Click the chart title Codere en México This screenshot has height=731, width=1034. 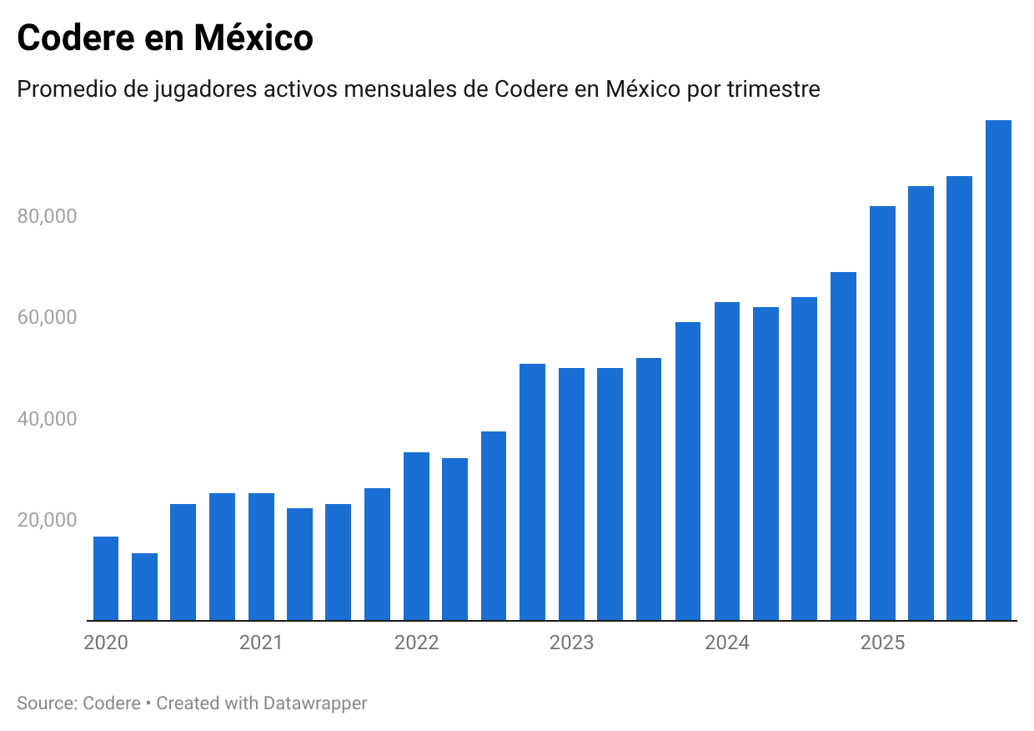(x=165, y=38)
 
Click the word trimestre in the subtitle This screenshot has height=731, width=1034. (x=774, y=88)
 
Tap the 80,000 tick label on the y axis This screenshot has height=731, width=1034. (x=47, y=216)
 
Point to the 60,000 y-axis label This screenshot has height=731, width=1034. (x=47, y=317)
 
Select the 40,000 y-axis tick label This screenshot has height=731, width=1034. (x=47, y=419)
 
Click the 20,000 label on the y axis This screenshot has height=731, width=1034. (x=47, y=520)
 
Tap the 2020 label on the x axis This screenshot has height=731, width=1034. (x=106, y=643)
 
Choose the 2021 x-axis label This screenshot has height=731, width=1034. (x=261, y=643)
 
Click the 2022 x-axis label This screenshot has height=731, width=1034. (x=416, y=643)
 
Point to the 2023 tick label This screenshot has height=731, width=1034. (x=571, y=643)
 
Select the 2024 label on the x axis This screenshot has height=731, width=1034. (x=727, y=643)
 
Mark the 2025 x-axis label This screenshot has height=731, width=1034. (x=882, y=643)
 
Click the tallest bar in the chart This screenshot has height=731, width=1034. (x=998, y=371)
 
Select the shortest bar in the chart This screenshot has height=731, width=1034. (x=144, y=587)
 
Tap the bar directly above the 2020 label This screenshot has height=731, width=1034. (x=106, y=578)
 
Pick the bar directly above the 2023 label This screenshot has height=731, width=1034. (x=571, y=494)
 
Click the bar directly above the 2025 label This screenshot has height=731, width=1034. (x=882, y=414)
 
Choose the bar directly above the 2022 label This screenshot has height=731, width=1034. (x=416, y=537)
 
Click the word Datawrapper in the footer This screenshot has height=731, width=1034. (x=315, y=703)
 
